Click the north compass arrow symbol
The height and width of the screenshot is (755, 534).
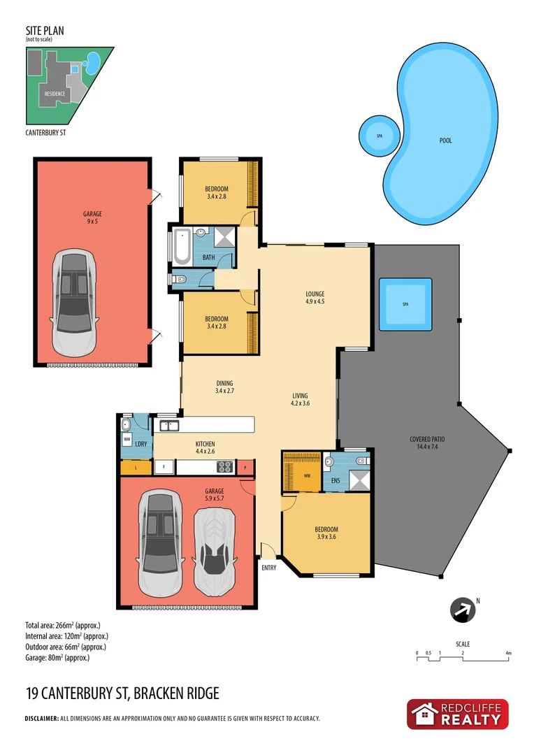pyautogui.click(x=462, y=610)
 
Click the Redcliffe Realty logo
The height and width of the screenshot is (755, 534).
pyautogui.click(x=458, y=714)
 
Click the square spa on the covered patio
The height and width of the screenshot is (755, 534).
pyautogui.click(x=405, y=305)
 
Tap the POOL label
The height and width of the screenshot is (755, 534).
pyautogui.click(x=445, y=141)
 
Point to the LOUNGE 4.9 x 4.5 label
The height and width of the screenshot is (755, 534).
pyautogui.click(x=315, y=298)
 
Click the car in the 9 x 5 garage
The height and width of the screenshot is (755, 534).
pyautogui.click(x=75, y=302)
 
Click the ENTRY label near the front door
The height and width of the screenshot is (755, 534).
pyautogui.click(x=269, y=568)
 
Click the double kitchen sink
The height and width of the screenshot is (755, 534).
pyautogui.click(x=169, y=425)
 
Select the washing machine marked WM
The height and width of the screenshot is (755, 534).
pyautogui.click(x=127, y=440)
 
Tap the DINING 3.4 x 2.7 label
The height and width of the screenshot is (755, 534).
pyautogui.click(x=224, y=387)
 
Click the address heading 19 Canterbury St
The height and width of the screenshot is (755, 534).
pyautogui.click(x=122, y=693)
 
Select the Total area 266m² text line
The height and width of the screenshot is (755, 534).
pyautogui.click(x=64, y=624)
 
